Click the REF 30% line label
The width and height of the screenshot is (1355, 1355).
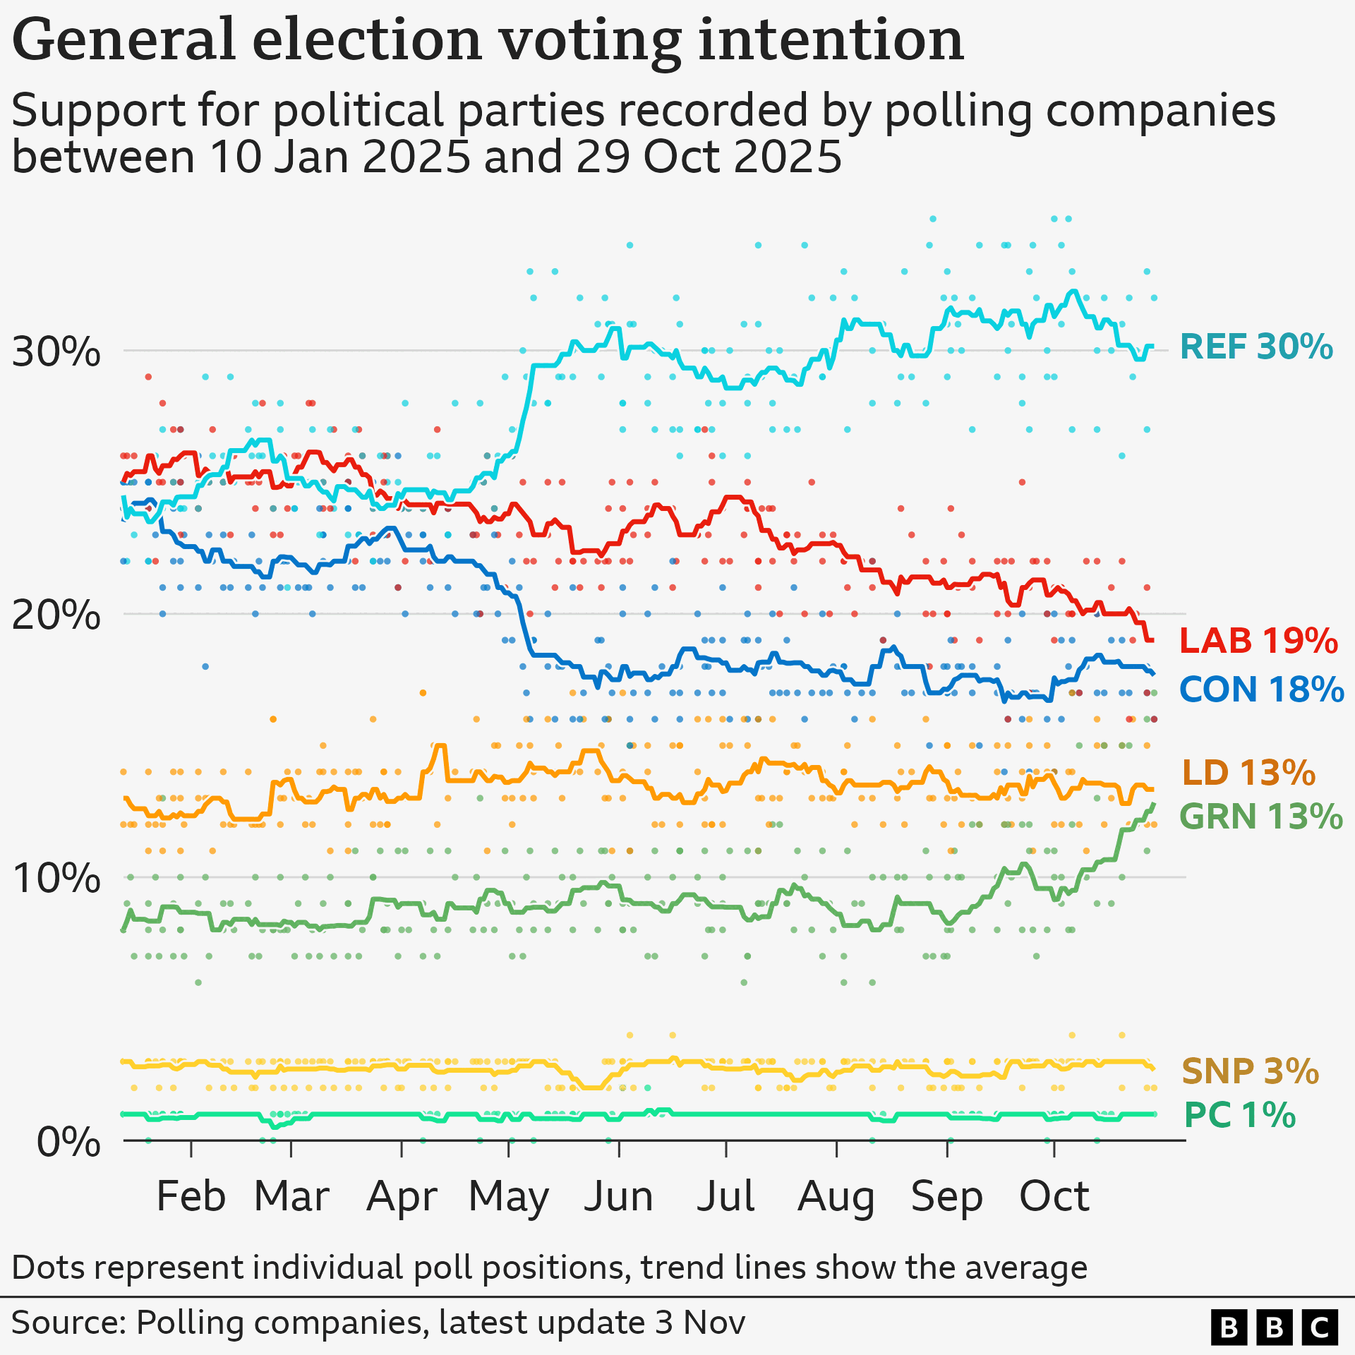click(1255, 347)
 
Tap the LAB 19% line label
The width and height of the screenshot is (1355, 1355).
click(1258, 641)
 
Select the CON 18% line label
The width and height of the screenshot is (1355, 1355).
click(1260, 689)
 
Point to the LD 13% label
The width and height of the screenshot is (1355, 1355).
click(1248, 773)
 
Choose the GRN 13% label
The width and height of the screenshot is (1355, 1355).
click(1260, 817)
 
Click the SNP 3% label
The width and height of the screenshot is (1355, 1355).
click(1249, 1071)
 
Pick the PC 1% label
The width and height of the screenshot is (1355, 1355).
click(1239, 1116)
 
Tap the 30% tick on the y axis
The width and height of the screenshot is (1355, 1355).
click(56, 351)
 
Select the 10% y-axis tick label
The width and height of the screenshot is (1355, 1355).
click(56, 878)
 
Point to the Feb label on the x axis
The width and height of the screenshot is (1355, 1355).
click(191, 1196)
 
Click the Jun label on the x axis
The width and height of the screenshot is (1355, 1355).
click(618, 1196)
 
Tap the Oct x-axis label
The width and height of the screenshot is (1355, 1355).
click(1054, 1196)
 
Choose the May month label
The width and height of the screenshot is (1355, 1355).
click(508, 1198)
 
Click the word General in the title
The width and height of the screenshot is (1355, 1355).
click(124, 40)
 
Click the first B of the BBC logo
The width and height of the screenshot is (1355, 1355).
click(1229, 1327)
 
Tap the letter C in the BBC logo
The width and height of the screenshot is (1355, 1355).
click(1319, 1327)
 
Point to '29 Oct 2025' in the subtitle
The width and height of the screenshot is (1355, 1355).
click(709, 157)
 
